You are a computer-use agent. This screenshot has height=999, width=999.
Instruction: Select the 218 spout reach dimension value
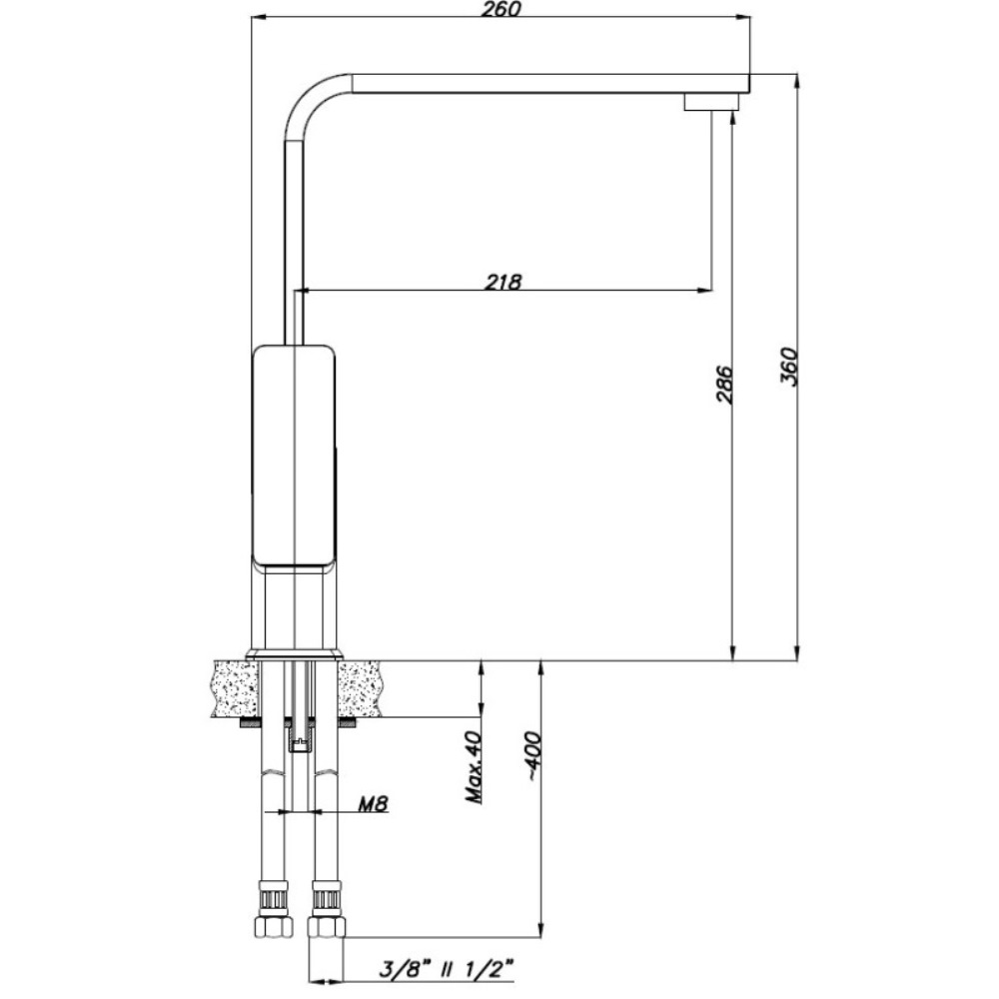click(x=503, y=281)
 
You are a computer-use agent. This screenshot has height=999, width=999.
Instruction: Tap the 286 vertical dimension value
click(x=724, y=385)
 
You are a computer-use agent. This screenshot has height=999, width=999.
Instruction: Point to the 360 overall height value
click(x=789, y=367)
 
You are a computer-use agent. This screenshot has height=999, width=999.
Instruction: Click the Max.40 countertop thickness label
click(x=474, y=766)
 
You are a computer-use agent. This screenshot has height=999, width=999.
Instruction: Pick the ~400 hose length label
click(x=532, y=757)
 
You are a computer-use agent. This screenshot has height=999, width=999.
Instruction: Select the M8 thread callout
click(x=373, y=804)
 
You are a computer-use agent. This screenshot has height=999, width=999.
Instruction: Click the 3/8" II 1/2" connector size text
click(x=446, y=970)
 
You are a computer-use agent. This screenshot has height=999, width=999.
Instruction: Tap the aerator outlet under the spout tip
click(x=711, y=102)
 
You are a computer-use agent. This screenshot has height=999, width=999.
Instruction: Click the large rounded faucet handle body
click(x=294, y=456)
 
